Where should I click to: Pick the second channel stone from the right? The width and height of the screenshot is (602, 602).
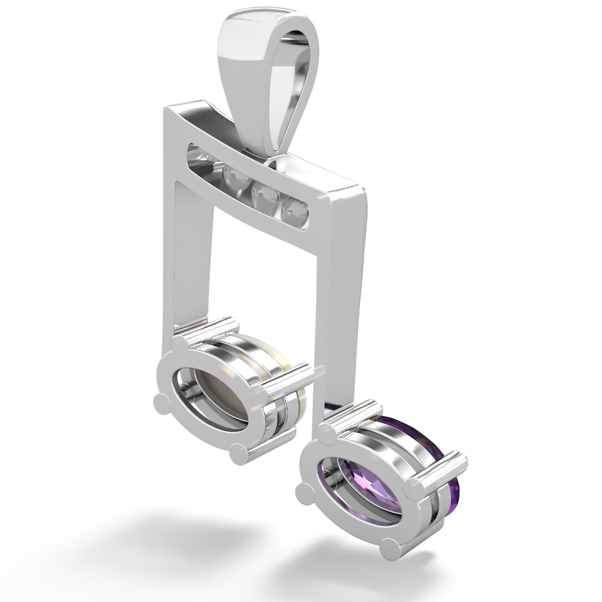(x=263, y=195)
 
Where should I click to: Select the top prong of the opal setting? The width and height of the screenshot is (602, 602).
(x=181, y=344)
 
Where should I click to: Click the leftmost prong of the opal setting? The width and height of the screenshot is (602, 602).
(x=161, y=403)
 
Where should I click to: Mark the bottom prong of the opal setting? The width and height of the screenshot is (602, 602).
(x=237, y=451)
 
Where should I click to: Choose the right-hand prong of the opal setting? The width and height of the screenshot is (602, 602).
(x=258, y=394)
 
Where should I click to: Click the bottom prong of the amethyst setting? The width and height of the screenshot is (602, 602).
(x=390, y=547)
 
